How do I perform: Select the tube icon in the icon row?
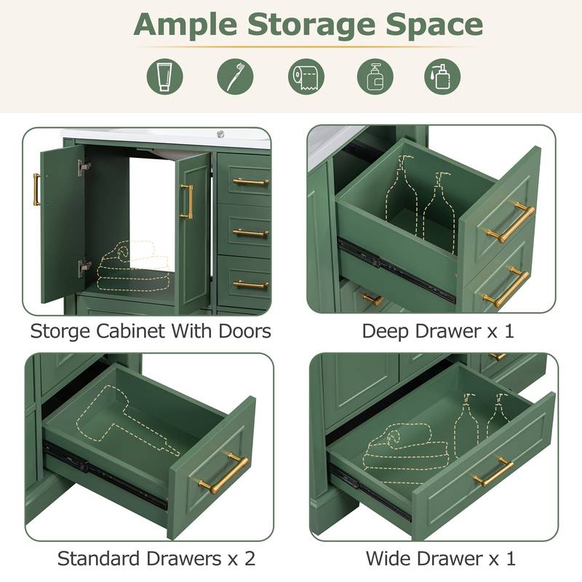pyautogui.click(x=165, y=76)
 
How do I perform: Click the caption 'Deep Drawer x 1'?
pyautogui.click(x=438, y=332)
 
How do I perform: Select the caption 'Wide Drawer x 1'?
pyautogui.click(x=440, y=559)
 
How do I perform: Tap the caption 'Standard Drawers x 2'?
pyautogui.click(x=156, y=559)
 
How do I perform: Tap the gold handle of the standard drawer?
pyautogui.click(x=223, y=474)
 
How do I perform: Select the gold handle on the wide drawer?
pyautogui.click(x=494, y=473)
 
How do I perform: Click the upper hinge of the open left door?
pyautogui.click(x=85, y=167)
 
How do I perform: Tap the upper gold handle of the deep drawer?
pyautogui.click(x=510, y=222)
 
